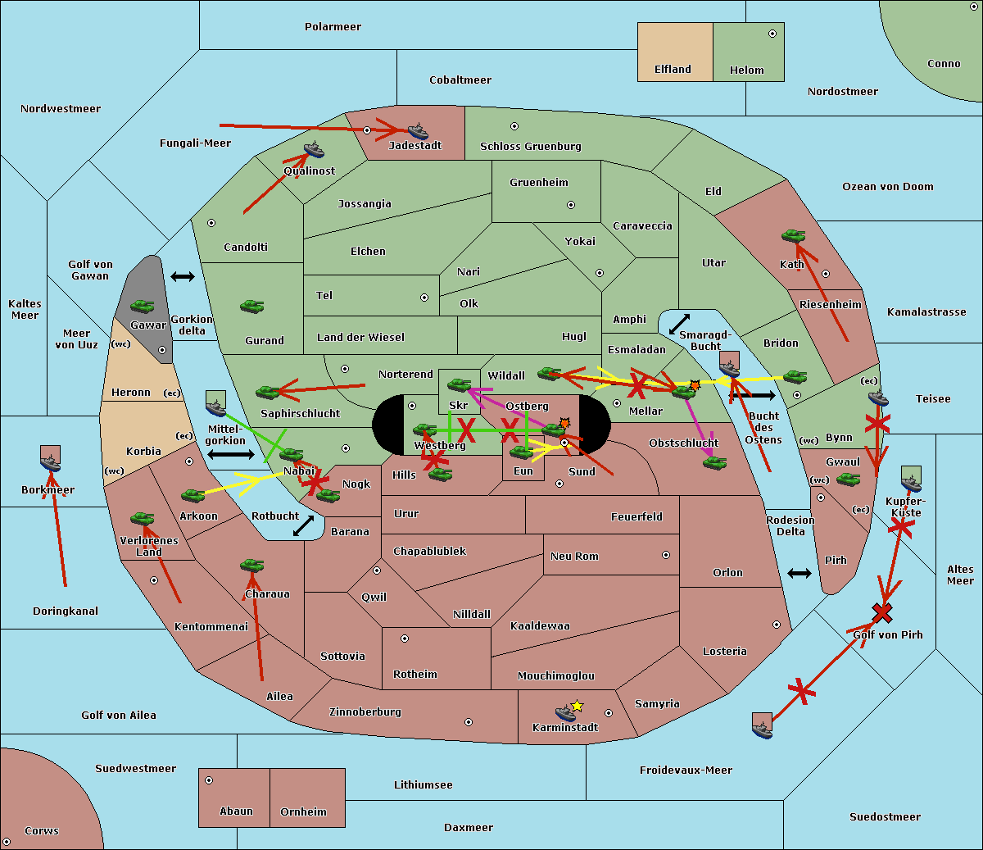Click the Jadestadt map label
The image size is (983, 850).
tap(414, 146)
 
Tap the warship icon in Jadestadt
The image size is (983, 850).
tap(418, 131)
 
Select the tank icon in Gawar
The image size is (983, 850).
tap(143, 306)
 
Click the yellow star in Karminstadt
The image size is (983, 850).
tap(577, 706)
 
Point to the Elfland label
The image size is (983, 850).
tap(673, 70)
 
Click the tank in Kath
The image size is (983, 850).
tap(793, 236)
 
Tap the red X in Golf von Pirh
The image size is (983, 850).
tap(882, 612)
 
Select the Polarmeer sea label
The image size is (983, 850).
tap(333, 27)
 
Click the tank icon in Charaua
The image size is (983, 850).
tap(252, 566)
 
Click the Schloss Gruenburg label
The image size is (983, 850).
tap(530, 147)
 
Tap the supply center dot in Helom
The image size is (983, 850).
tap(772, 34)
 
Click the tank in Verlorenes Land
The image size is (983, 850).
tap(143, 518)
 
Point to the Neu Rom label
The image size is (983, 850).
tap(574, 557)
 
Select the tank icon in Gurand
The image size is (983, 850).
tap(252, 306)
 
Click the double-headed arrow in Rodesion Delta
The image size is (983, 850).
tap(800, 573)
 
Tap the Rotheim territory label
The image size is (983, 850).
tap(415, 675)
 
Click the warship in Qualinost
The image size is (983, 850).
tap(314, 150)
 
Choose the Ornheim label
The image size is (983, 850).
tap(303, 812)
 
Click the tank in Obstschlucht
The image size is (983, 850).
tap(714, 462)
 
